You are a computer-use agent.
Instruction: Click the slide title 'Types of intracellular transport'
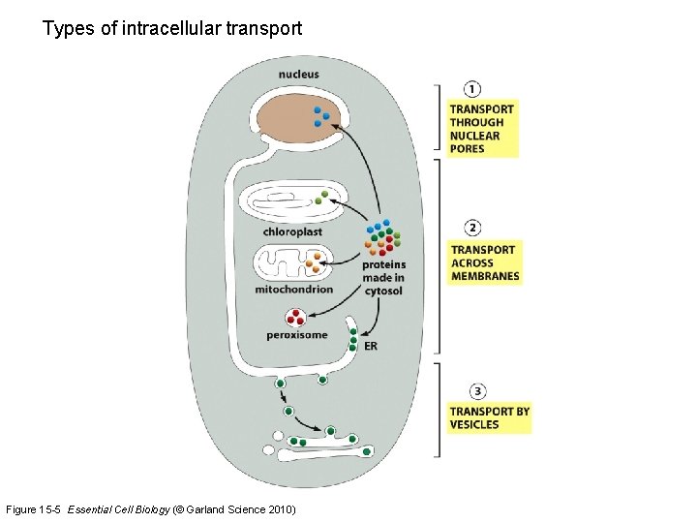[172, 29]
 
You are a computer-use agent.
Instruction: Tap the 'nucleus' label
[298, 75]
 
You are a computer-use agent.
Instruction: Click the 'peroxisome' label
[297, 335]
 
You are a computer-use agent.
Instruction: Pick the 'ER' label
[371, 346]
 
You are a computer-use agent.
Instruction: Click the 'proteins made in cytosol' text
[383, 278]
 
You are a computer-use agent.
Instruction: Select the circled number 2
[473, 229]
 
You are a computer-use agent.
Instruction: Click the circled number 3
[477, 391]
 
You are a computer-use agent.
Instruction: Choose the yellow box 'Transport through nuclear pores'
[482, 129]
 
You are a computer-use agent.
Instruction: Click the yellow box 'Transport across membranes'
[485, 262]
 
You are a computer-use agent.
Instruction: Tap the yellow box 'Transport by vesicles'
[489, 417]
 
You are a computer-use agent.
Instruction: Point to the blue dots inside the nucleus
[321, 117]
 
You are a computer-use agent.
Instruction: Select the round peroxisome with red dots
[295, 317]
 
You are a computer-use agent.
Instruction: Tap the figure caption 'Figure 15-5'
[35, 509]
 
